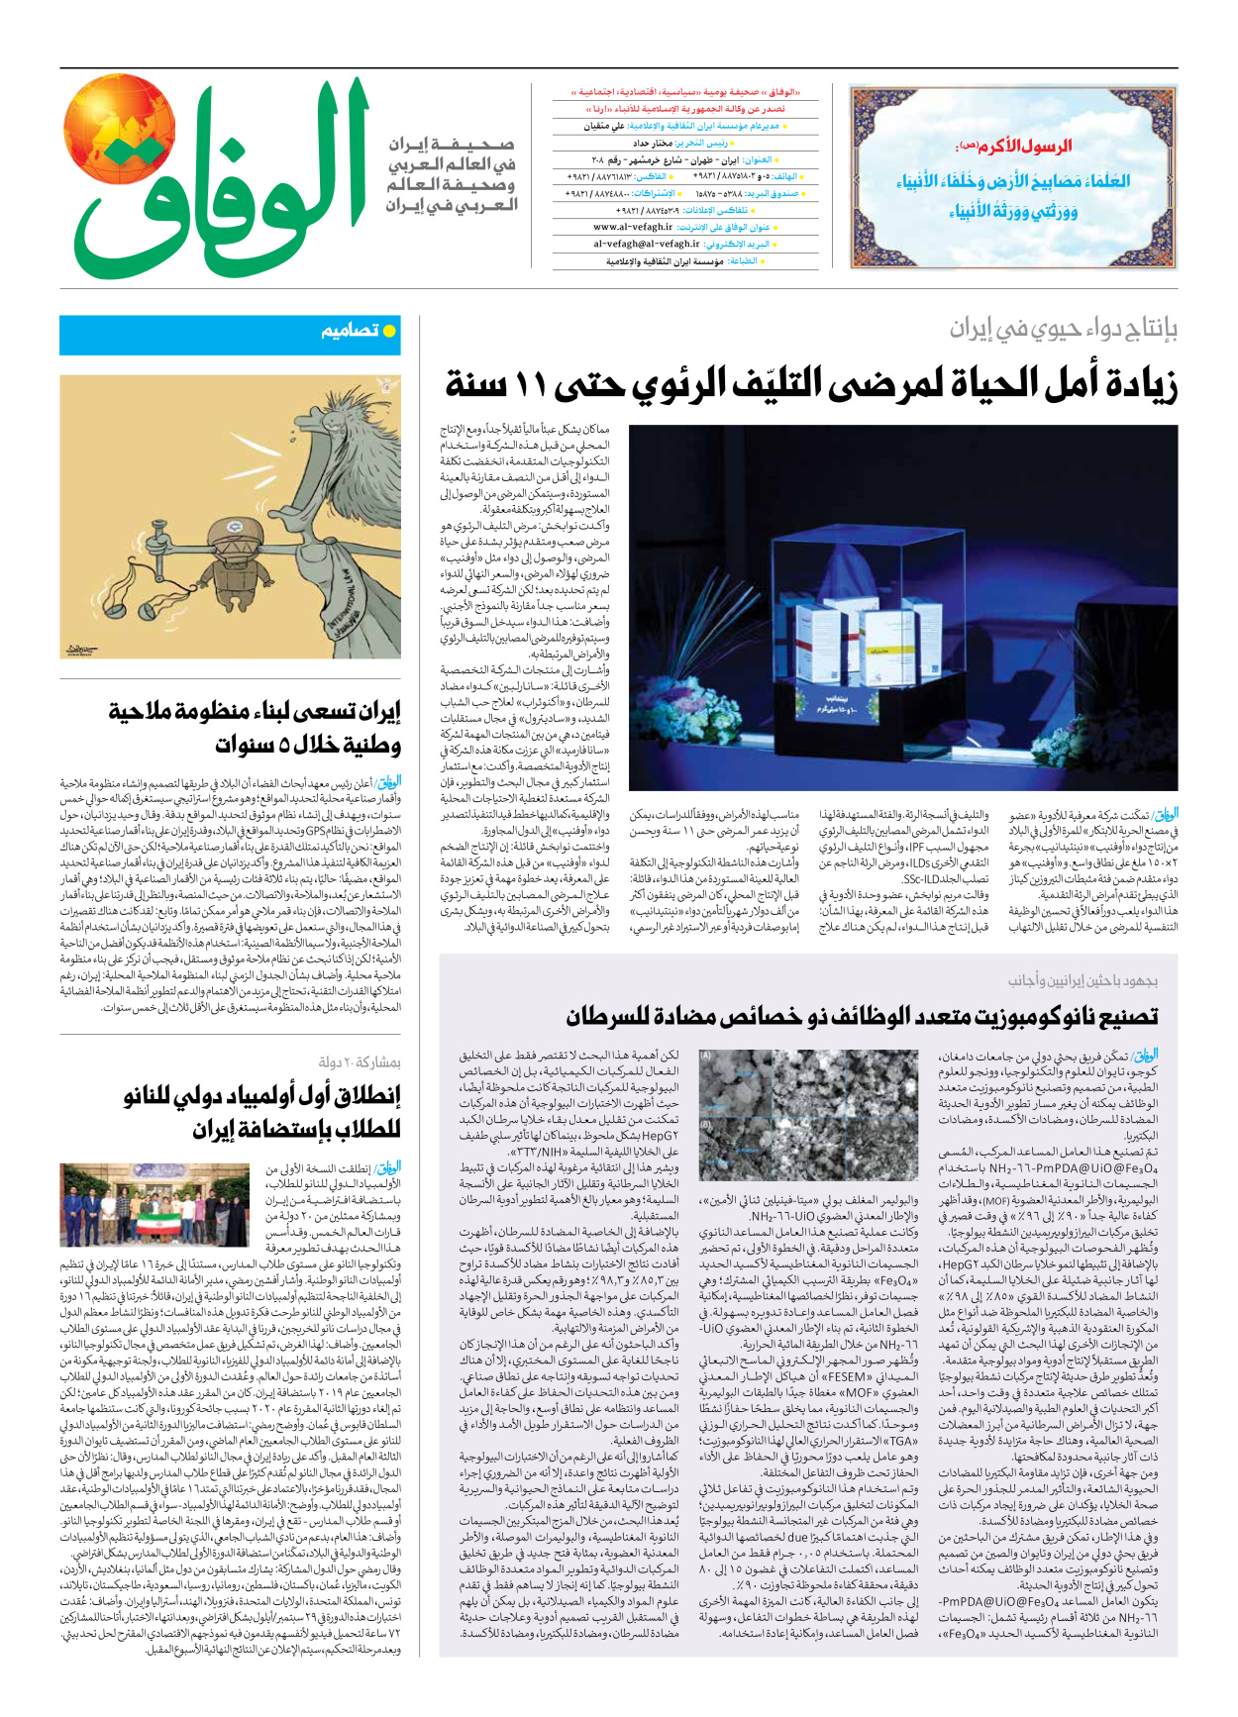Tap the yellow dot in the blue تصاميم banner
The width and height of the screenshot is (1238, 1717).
click(x=389, y=331)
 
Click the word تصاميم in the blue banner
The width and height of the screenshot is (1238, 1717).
click(x=350, y=331)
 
